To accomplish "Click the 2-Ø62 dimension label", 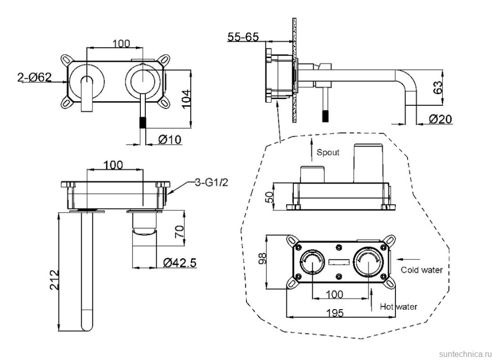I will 34,78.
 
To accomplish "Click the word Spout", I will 328,152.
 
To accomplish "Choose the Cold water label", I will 421,270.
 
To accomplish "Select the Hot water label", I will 399,307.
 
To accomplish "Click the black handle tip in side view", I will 325,115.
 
